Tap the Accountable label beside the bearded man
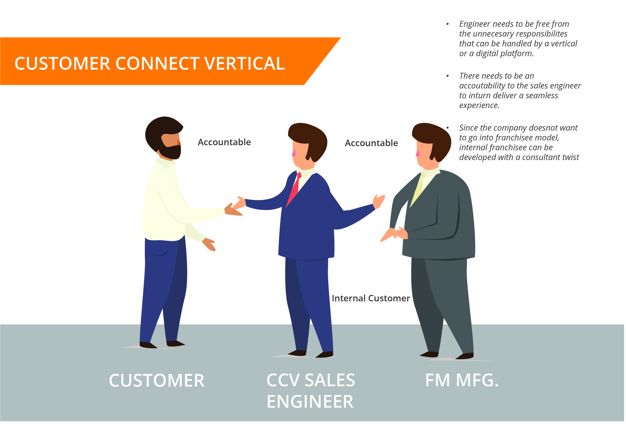pyautogui.click(x=224, y=142)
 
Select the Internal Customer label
pyautogui.click(x=371, y=298)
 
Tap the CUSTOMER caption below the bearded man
pyautogui.click(x=157, y=381)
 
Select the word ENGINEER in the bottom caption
pyautogui.click(x=310, y=402)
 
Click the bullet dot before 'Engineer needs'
pyautogui.click(x=447, y=24)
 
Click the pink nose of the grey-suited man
pyautogui.click(x=418, y=153)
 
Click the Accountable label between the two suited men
pyautogui.click(x=371, y=143)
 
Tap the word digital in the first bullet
pyautogui.click(x=488, y=54)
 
